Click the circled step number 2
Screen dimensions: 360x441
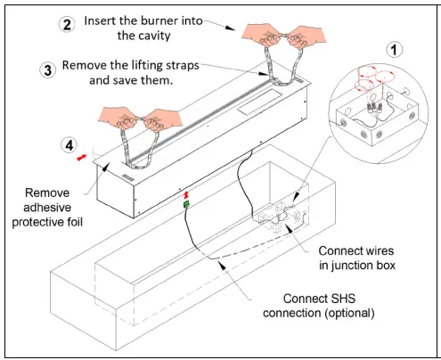coord(66,24)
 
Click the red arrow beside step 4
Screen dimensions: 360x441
coord(83,155)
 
